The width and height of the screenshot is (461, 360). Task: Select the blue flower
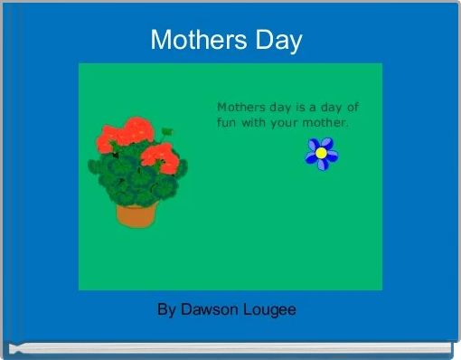321,154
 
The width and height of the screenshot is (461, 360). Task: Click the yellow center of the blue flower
321,154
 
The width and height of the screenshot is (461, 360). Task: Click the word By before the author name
166,310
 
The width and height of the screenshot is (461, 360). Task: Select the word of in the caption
352,106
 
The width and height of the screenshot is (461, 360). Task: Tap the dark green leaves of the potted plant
136,181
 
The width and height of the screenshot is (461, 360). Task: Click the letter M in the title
160,40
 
